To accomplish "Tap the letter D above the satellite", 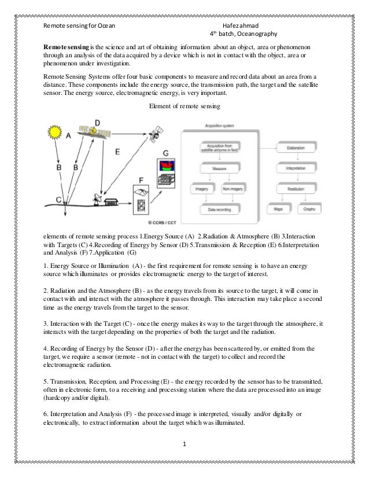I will click(x=97, y=123).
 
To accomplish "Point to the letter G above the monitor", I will click(x=166, y=152).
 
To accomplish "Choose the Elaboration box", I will click(x=296, y=149).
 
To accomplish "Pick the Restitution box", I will click(x=296, y=189).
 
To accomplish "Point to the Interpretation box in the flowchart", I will click(x=296, y=169).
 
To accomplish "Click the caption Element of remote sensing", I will click(x=184, y=106).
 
